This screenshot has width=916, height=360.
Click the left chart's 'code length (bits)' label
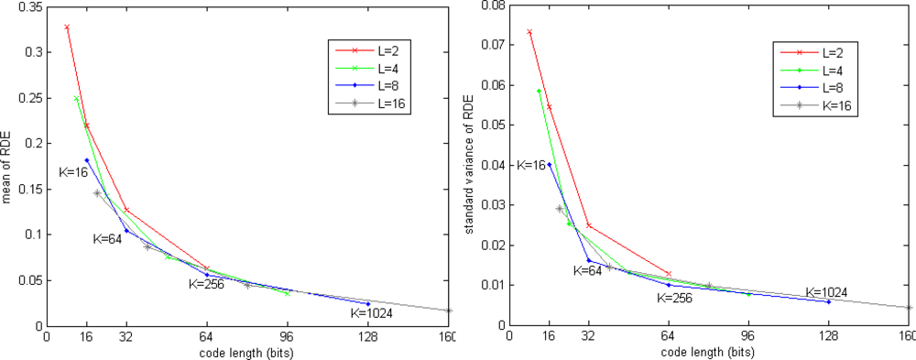click(x=247, y=352)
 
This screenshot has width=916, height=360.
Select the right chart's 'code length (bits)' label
click(x=710, y=352)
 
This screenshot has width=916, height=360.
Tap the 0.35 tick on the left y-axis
click(x=30, y=6)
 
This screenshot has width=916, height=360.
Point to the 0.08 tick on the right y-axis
click(x=493, y=6)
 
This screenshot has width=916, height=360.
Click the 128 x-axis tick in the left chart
click(x=368, y=336)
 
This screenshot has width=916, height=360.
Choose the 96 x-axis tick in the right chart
click(x=749, y=336)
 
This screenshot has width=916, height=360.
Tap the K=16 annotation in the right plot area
click(x=531, y=166)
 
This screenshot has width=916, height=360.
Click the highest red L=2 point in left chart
click(x=67, y=27)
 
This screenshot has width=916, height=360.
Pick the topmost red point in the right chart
click(x=529, y=32)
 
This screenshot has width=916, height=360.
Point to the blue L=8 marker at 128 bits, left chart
click(x=368, y=303)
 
